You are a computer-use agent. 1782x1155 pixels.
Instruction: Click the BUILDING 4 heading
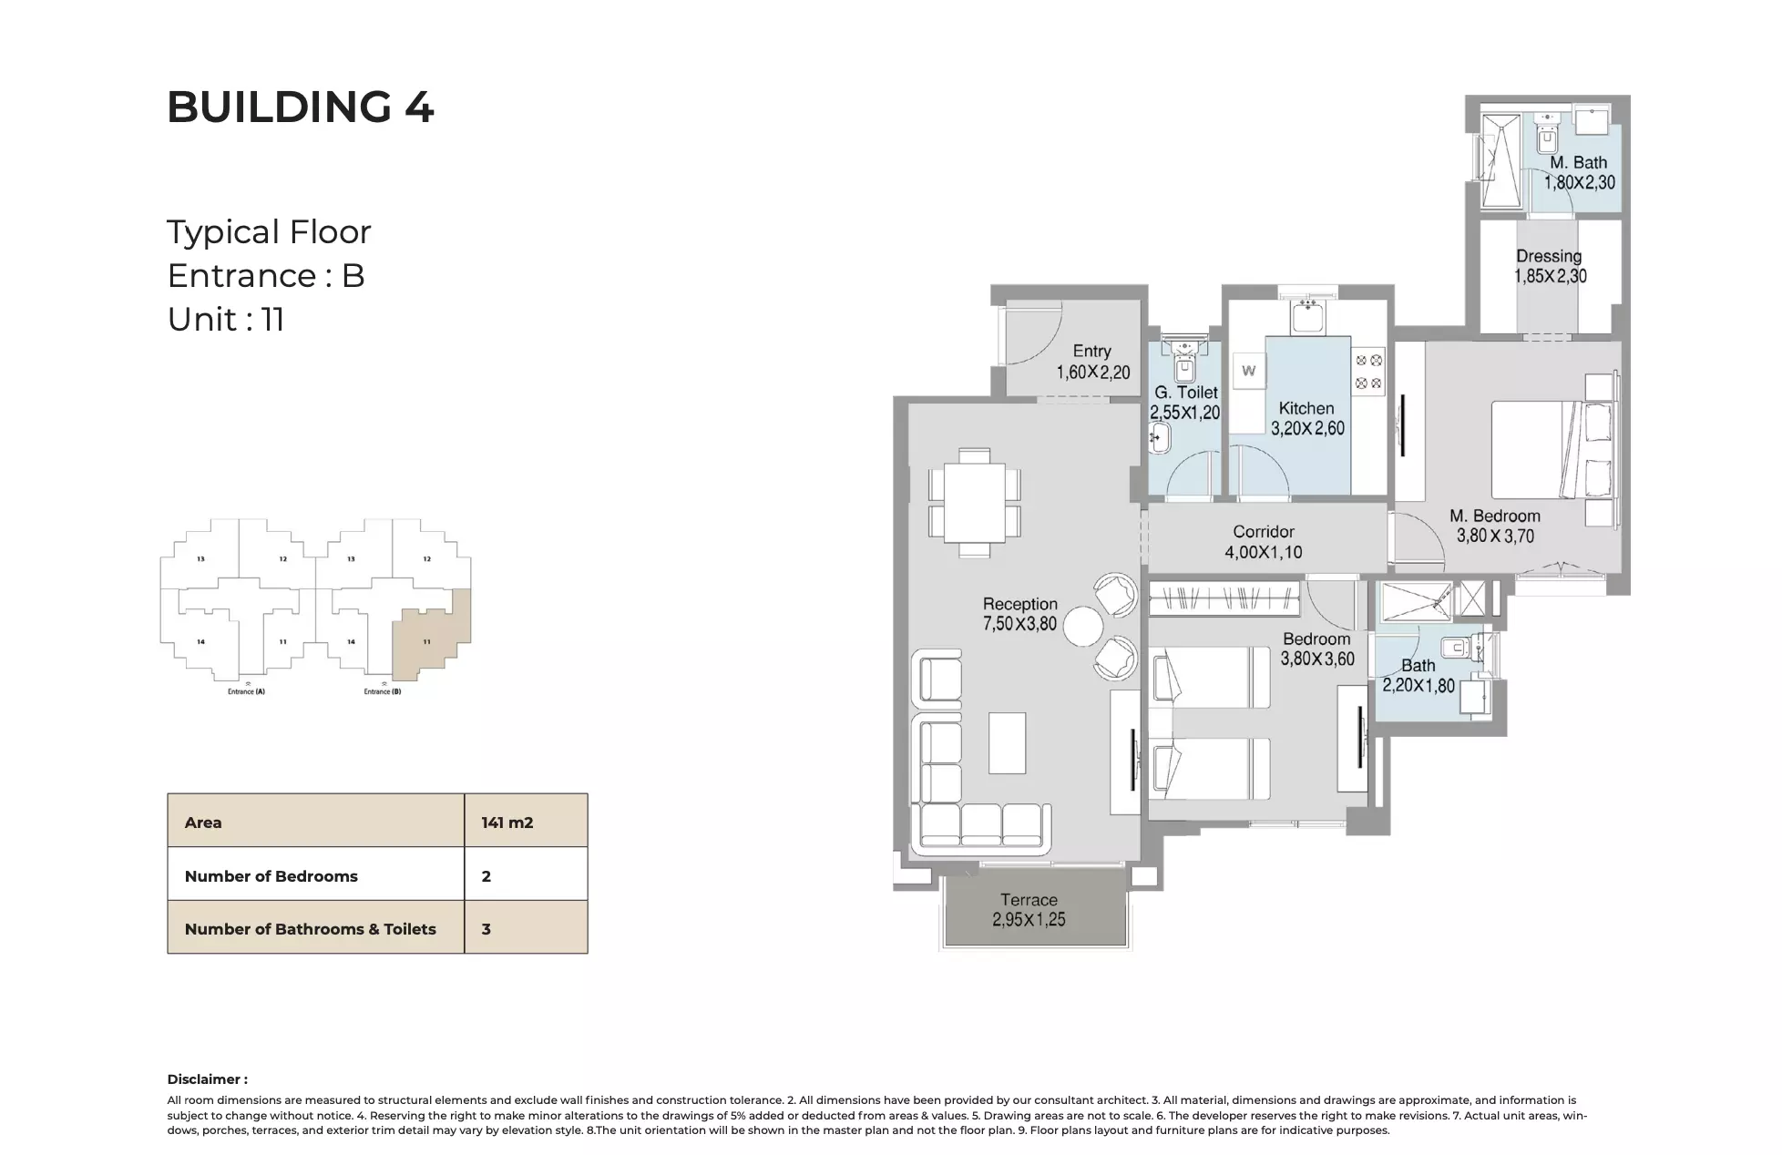(x=300, y=107)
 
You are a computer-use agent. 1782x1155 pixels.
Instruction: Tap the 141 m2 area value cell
(x=507, y=823)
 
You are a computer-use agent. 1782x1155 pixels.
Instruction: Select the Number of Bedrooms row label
(x=271, y=876)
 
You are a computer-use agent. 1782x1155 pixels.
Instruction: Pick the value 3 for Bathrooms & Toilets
(x=486, y=929)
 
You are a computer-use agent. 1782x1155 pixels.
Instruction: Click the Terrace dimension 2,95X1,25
(x=1029, y=920)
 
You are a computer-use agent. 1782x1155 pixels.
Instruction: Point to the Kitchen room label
(x=1306, y=408)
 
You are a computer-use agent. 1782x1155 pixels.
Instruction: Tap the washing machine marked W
(x=1248, y=371)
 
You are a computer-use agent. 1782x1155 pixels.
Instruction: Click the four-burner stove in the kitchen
(x=1368, y=372)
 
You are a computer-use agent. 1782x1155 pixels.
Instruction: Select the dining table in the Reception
(x=974, y=503)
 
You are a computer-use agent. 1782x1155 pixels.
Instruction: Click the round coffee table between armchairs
(x=1083, y=627)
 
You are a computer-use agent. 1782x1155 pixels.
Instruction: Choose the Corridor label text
(x=1263, y=532)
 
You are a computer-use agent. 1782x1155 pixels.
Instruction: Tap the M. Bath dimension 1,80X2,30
(x=1579, y=182)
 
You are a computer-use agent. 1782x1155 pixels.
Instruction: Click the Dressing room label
(x=1549, y=256)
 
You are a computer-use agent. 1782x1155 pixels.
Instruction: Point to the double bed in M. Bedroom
(x=1540, y=449)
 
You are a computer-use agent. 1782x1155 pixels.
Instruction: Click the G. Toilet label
(x=1185, y=393)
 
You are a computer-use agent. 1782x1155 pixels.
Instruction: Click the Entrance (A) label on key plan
(x=246, y=691)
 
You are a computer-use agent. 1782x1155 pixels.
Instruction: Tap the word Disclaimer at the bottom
(x=207, y=1079)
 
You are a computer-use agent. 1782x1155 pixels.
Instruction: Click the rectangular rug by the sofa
(x=1007, y=742)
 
